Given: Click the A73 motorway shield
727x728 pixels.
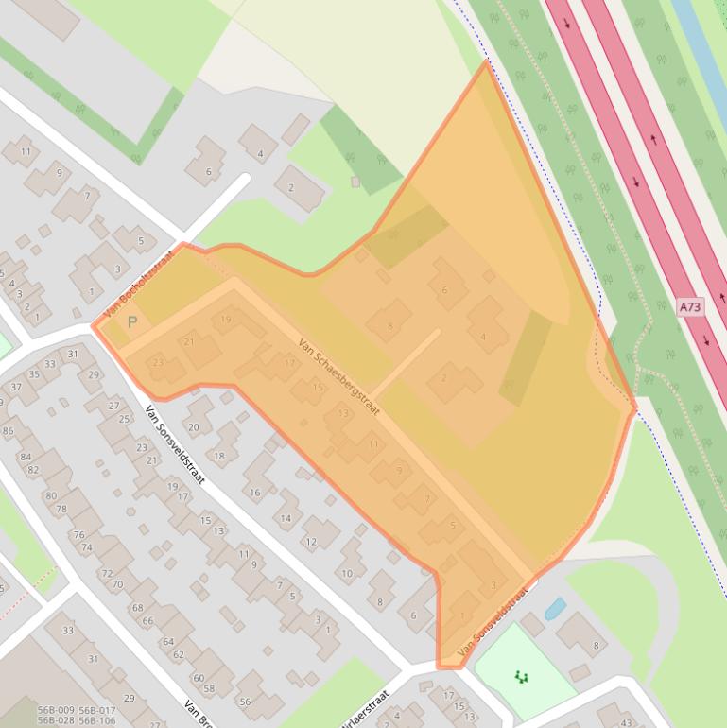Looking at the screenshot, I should coord(691,307).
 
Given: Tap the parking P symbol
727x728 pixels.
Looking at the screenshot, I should coord(132,322).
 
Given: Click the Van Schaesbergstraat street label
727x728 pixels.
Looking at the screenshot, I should coord(338,377).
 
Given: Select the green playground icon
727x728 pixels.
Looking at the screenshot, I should coord(521,676).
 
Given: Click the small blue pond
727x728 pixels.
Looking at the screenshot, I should coord(555,608).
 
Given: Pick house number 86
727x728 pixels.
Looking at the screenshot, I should coord(9,431).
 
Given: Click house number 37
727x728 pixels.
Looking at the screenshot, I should coord(16,387).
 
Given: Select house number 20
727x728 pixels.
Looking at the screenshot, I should coord(195,427).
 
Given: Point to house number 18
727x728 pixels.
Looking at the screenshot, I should coord(220,456).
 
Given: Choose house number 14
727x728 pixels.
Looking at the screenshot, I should coord(286,518).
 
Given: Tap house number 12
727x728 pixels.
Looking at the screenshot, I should coord(310,542).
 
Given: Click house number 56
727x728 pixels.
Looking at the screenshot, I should coord(245,702).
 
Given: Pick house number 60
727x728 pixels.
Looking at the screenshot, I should coord(199,678).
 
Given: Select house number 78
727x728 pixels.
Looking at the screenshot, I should coord(62,510).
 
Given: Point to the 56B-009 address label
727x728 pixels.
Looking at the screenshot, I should coord(56,710).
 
